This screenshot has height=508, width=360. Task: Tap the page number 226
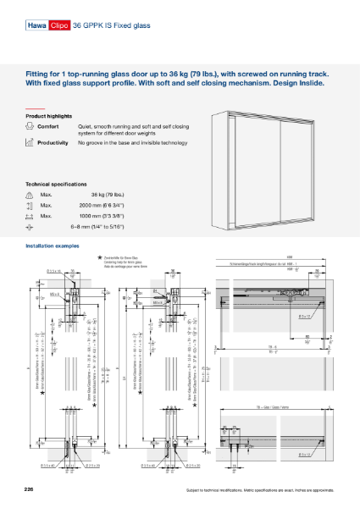click(x=30, y=490)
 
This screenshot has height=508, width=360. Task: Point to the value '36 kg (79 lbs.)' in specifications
click(x=119, y=195)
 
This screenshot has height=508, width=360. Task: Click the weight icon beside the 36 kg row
click(x=30, y=195)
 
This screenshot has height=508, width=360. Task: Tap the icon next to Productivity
click(x=30, y=144)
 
